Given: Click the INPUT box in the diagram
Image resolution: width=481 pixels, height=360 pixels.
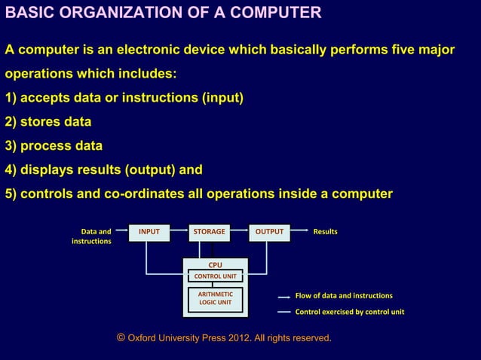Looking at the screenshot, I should coord(149,232).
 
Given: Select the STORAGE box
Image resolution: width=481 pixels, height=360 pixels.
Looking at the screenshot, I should coord(209,232).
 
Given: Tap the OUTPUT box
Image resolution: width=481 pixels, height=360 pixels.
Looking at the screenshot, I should coord(269,232).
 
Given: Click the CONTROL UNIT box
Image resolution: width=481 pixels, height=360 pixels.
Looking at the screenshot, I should coord(215,276).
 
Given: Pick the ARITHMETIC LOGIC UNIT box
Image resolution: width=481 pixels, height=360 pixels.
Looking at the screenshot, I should coord(215,298).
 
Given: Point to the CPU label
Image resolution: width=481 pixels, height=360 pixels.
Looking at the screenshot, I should coord(215,265).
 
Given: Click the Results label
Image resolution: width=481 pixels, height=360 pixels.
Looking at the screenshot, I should coord(325,232).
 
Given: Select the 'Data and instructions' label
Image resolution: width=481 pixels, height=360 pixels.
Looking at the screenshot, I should coord(92,236).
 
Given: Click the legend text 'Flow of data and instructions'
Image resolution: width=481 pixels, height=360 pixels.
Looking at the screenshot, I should coord(343,296).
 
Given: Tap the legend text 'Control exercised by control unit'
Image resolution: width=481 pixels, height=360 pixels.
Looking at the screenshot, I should coord(349,312).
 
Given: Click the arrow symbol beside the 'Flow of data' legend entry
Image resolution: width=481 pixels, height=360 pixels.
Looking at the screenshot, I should coord(284,297).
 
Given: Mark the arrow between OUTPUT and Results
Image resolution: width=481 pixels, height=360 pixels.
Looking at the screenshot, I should coord(299,232).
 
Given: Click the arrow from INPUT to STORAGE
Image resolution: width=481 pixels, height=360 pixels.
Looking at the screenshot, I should coord(178,232).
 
